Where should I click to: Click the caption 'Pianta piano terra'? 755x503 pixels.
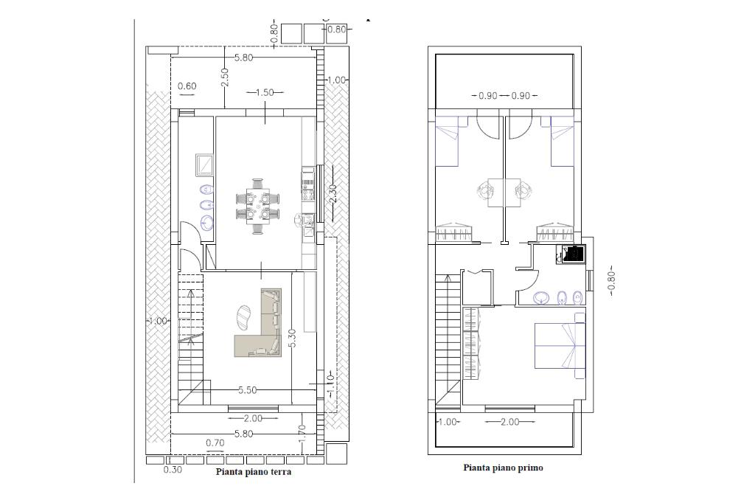click(x=254, y=472)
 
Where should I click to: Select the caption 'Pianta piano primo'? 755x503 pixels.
click(x=503, y=468)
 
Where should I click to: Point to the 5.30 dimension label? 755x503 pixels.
click(x=292, y=339)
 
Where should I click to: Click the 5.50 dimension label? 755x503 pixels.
click(x=247, y=391)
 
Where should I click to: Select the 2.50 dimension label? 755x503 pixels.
click(x=225, y=77)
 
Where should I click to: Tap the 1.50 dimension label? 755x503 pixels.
click(x=265, y=92)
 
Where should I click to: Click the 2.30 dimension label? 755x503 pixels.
click(x=331, y=195)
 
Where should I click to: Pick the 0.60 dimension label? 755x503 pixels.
click(x=187, y=86)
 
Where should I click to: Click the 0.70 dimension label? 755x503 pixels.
click(x=215, y=443)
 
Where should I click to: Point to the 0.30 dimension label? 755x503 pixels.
click(x=173, y=469)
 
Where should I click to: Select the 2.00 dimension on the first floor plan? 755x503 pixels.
click(x=510, y=422)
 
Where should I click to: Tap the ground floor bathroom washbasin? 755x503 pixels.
click(x=207, y=223)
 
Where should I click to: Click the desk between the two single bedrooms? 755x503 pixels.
click(x=504, y=192)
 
